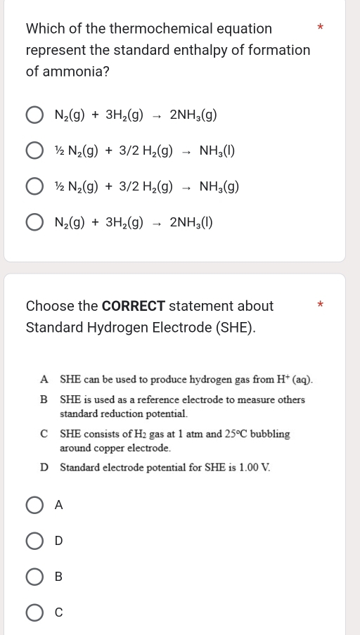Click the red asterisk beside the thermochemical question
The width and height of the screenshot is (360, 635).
[x=320, y=27]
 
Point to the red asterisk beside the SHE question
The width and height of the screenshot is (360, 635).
[x=320, y=305]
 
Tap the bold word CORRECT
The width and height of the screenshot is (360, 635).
[x=133, y=307]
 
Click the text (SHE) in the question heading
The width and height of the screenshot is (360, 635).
[x=233, y=328]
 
